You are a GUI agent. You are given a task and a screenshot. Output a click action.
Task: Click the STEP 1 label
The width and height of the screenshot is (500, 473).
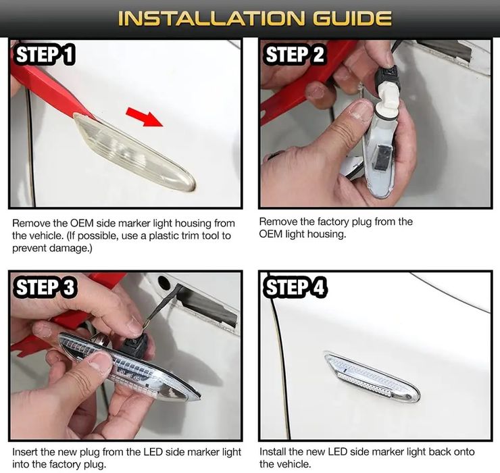[x=45, y=54]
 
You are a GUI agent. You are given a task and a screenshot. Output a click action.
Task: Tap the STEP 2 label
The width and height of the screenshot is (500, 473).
[x=295, y=54]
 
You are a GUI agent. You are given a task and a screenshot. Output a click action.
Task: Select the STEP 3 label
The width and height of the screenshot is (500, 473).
[x=45, y=287]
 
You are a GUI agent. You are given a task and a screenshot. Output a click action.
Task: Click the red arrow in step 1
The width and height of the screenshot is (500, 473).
[x=144, y=117]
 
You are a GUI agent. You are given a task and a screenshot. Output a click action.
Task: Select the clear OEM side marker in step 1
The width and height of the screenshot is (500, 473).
[x=134, y=153]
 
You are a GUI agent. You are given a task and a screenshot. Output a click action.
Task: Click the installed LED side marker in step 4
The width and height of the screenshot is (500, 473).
[x=372, y=377]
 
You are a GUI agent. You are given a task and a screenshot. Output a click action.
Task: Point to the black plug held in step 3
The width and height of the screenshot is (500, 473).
[x=135, y=345]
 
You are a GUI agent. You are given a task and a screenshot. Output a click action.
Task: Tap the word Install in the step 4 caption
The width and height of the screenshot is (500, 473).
[x=272, y=451]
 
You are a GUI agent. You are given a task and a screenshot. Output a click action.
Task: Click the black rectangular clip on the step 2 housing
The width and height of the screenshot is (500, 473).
[x=382, y=155]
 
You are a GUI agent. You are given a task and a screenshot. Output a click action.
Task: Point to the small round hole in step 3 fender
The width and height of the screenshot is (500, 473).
[x=164, y=283]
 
